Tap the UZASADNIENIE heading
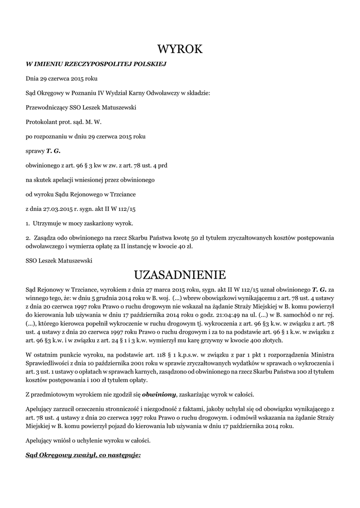[180, 274]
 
